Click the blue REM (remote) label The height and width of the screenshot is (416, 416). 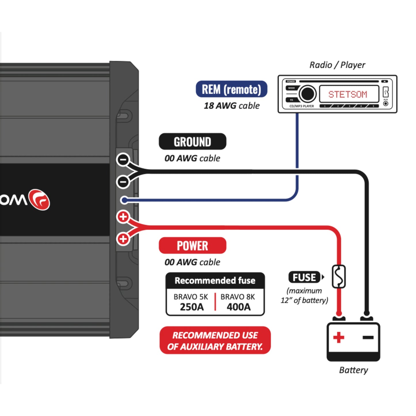click(231, 89)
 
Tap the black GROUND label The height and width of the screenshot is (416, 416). click(192, 142)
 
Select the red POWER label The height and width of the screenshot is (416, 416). click(192, 246)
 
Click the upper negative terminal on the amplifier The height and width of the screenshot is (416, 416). click(123, 159)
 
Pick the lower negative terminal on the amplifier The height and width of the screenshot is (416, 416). click(123, 182)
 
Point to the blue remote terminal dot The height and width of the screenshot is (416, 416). click(124, 200)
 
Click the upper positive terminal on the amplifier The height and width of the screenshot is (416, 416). click(123, 217)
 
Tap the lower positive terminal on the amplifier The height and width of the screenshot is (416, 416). click(123, 239)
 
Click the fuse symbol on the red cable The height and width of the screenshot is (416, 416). click(339, 277)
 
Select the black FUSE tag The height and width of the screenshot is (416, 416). click(304, 277)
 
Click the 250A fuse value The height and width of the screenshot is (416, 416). click(191, 307)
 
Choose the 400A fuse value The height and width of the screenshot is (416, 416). click(238, 307)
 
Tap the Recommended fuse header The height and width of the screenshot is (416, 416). click(215, 280)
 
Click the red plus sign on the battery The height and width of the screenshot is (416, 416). click(339, 337)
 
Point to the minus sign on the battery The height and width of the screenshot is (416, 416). click(368, 337)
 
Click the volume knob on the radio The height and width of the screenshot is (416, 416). click(307, 94)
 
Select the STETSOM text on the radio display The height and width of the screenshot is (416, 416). click(348, 94)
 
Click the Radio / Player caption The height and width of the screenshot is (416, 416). click(337, 65)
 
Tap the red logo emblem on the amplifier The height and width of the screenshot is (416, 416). click(40, 200)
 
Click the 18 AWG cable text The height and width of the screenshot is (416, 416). click(231, 106)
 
